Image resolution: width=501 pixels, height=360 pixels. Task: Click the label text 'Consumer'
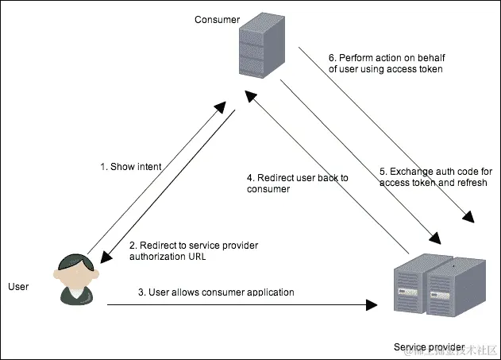coord(217,19)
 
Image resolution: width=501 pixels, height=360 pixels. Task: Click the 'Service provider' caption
coord(429,347)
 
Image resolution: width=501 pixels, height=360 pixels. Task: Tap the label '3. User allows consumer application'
coord(216,292)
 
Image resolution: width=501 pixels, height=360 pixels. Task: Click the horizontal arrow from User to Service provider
coord(238,304)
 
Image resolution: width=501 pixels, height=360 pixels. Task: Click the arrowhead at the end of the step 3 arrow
coord(372,304)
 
